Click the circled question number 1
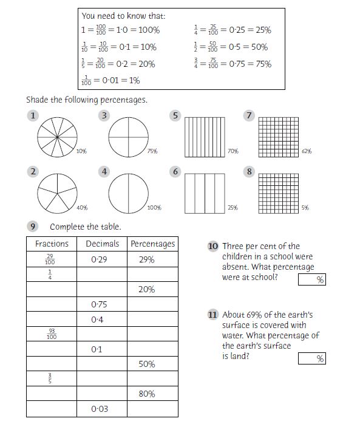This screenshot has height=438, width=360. pyautogui.click(x=33, y=115)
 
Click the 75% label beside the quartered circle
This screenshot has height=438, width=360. pyautogui.click(x=152, y=151)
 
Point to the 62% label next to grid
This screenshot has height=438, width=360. pyautogui.click(x=307, y=151)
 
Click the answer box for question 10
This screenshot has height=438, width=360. pyautogui.click(x=311, y=279)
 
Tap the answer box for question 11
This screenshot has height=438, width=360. pyautogui.click(x=311, y=358)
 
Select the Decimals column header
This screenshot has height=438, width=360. pyautogui.click(x=102, y=244)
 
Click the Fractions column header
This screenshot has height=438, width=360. pyautogui.click(x=52, y=244)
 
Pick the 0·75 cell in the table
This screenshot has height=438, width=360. pyautogui.click(x=99, y=304)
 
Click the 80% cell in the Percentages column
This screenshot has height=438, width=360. pyautogui.click(x=146, y=394)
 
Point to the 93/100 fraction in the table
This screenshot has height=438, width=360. pyautogui.click(x=52, y=334)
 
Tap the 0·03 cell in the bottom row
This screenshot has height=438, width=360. pyautogui.click(x=100, y=409)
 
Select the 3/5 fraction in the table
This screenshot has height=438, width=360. pyautogui.click(x=52, y=378)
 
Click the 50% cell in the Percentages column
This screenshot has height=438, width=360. pyautogui.click(x=146, y=364)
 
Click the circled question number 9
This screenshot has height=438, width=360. pyautogui.click(x=33, y=227)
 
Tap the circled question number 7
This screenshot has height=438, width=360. pyautogui.click(x=249, y=115)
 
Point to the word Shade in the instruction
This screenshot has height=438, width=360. pyautogui.click(x=38, y=100)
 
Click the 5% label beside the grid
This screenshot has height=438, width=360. pyautogui.click(x=305, y=208)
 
